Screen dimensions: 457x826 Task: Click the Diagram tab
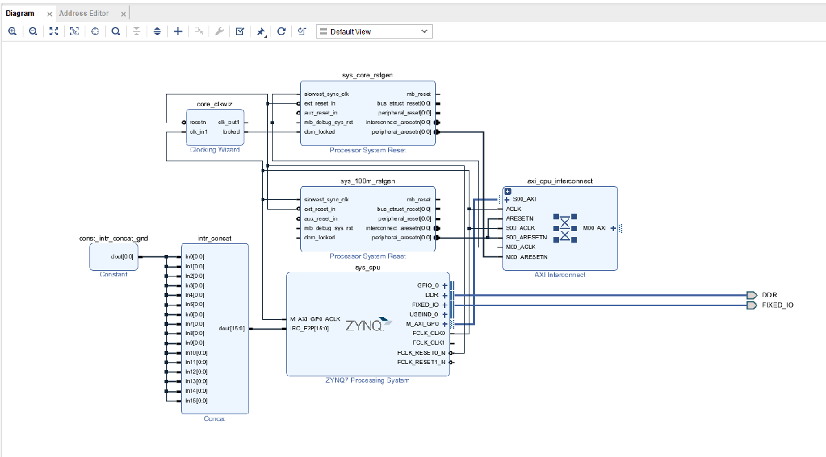20,13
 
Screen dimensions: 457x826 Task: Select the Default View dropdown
374,32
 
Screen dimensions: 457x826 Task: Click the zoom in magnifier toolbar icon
12,32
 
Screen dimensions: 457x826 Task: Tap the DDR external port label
770,295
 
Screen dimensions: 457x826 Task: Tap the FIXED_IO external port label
777,305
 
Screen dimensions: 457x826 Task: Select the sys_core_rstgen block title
367,74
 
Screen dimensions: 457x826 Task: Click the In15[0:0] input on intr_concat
195,400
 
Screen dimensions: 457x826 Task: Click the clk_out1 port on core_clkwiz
229,122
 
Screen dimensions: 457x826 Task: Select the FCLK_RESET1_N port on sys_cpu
421,362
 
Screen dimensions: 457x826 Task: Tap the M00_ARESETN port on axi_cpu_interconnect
527,257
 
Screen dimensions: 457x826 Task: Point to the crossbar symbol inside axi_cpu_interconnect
564,227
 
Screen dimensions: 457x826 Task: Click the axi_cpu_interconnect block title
560,181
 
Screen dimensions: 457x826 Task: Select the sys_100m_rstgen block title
368,181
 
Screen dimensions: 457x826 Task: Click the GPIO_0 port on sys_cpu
427,285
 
